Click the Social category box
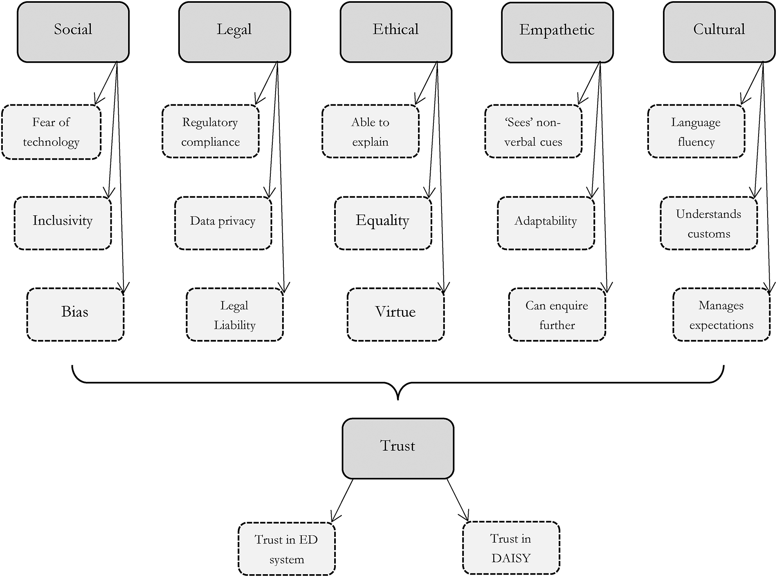[73, 32]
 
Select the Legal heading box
[234, 32]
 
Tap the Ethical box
[396, 32]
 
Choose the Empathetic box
[557, 32]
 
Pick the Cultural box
[719, 32]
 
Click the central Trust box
[398, 448]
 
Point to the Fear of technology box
[52, 132]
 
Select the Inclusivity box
[63, 223]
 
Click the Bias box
[75, 314]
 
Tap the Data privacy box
[223, 223]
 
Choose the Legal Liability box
[235, 314]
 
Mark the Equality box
[383, 223]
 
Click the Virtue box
[395, 314]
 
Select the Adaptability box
[546, 223]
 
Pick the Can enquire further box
[557, 314]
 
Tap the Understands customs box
[709, 223]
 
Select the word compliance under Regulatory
[211, 142]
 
